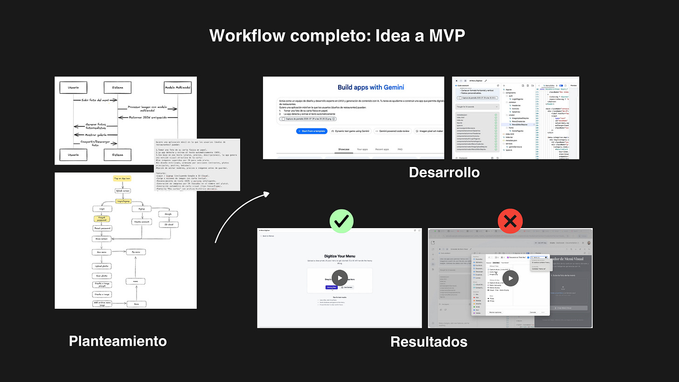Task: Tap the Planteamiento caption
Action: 118,341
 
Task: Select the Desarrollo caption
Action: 444,172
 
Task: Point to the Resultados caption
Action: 429,342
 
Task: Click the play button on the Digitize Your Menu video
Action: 339,278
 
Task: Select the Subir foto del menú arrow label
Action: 95,100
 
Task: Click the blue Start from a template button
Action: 312,131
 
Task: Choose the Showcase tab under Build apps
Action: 344,149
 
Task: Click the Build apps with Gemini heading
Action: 371,87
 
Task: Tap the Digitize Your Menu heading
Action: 340,256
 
